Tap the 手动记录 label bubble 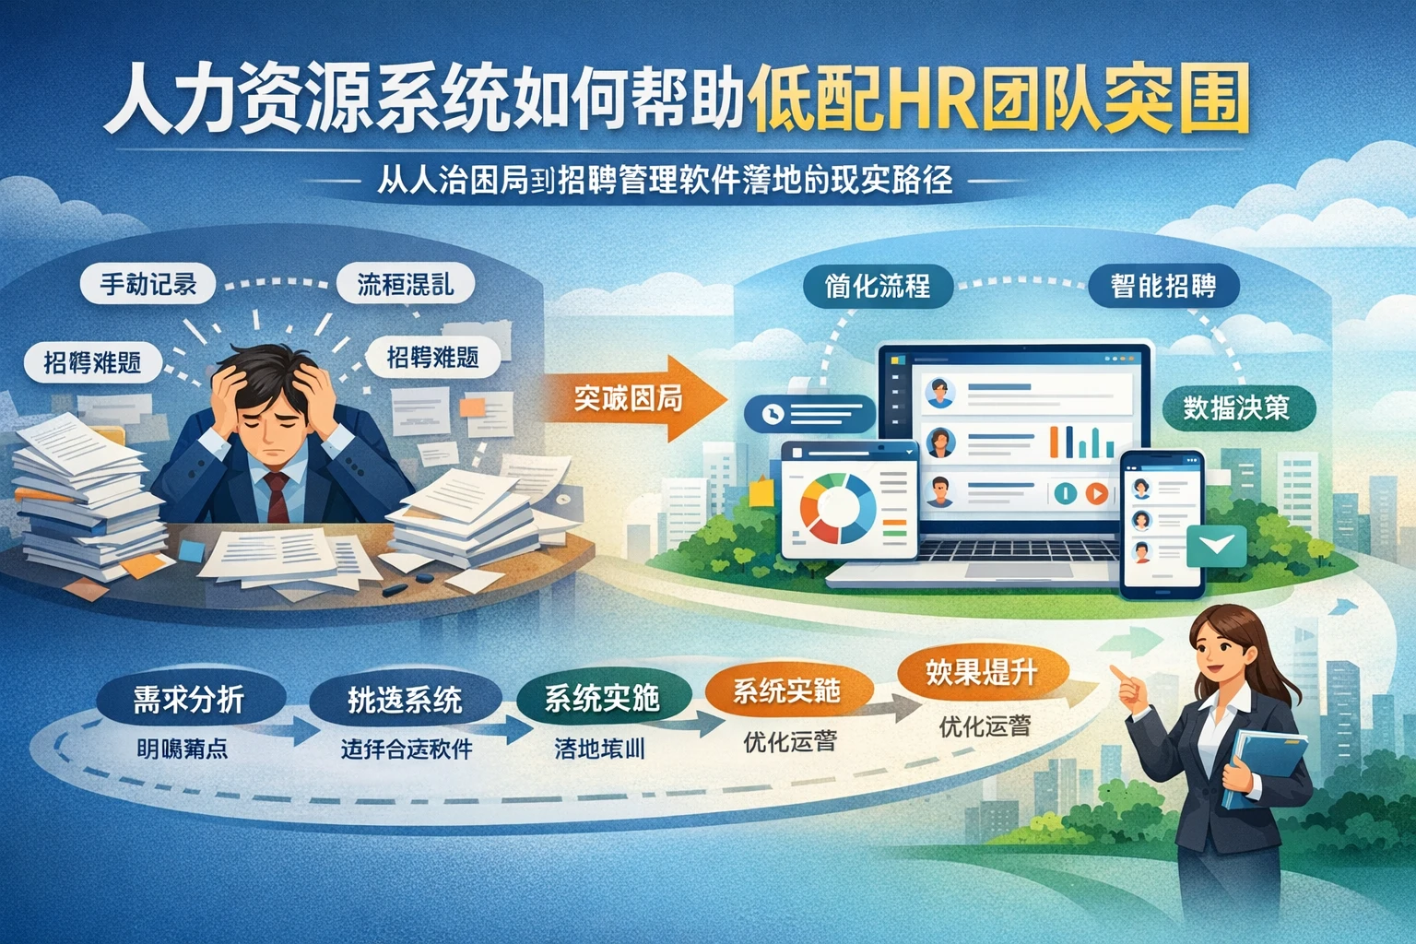148,283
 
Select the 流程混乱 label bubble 406,283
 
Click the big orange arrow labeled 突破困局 632,397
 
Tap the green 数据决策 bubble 1236,407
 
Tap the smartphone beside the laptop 1162,524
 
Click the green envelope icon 1217,545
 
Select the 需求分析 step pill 189,700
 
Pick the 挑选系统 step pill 405,700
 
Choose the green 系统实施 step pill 602,698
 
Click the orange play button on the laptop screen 1096,493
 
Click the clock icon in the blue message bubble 773,415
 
